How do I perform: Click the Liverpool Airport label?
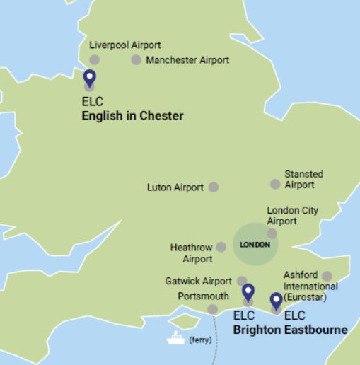point(124,45)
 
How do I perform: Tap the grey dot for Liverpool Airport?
point(93,59)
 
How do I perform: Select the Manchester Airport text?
point(187,60)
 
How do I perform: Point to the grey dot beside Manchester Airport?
point(137,60)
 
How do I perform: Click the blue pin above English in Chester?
point(89,79)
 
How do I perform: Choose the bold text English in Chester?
point(133,116)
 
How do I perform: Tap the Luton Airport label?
point(175,187)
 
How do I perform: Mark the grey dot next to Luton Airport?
point(214,187)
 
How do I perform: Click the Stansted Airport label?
point(303,179)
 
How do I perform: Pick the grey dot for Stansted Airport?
point(275,185)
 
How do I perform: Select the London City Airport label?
point(292,216)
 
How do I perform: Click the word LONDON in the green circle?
point(255,245)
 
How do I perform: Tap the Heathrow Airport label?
point(191,253)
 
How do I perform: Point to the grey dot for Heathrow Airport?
point(221,248)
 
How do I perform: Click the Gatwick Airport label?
point(199,281)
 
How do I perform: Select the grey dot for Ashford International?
point(327,276)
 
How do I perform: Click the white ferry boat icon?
point(175,339)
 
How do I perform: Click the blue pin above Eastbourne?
point(277,301)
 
